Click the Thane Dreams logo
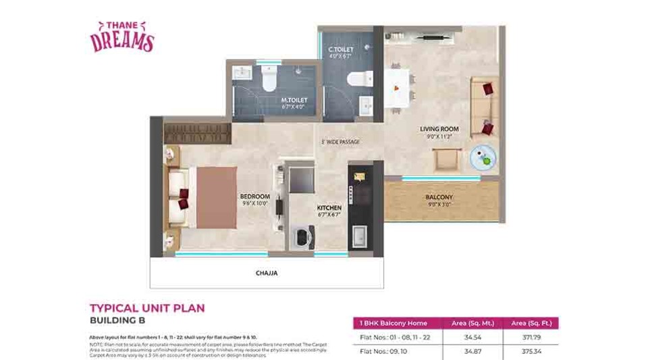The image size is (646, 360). coord(122,36)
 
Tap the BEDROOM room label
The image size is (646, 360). coord(254,197)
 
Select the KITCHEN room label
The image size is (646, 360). coord(329,207)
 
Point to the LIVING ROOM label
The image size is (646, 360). coord(439,128)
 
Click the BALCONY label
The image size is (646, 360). coord(439,197)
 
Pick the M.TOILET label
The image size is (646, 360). coord(294,100)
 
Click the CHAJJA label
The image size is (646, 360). coord(266,274)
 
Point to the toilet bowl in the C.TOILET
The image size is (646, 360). coord(356,80)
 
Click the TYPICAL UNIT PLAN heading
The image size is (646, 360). coord(147,308)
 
